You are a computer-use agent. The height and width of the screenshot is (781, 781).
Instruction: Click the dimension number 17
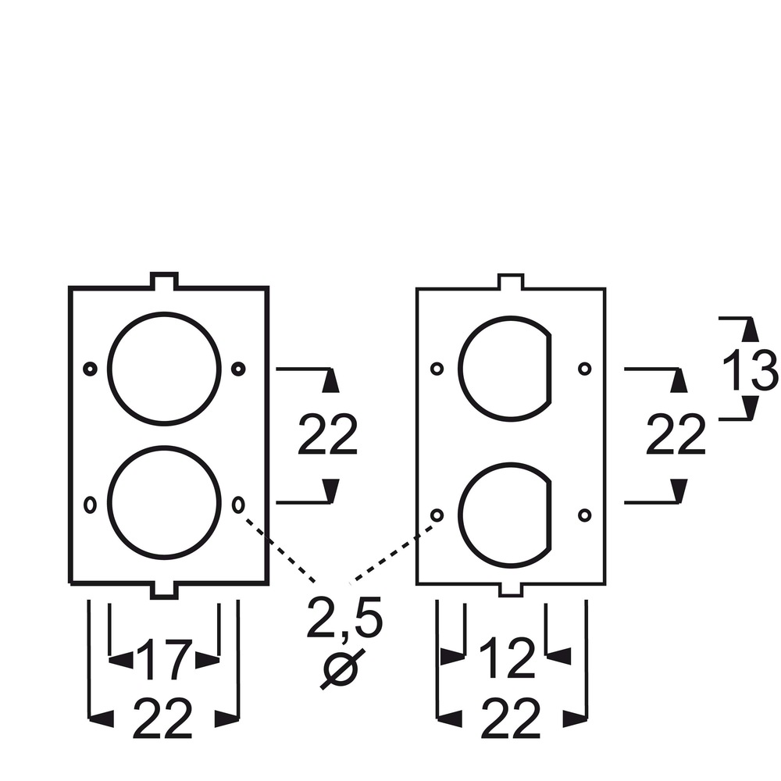(x=164, y=659)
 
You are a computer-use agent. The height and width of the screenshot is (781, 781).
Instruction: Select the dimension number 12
(x=507, y=658)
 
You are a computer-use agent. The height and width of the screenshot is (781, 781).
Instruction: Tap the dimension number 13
(x=750, y=369)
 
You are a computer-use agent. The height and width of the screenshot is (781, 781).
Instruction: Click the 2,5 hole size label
(x=344, y=618)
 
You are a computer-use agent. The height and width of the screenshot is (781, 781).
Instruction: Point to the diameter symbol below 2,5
(x=342, y=669)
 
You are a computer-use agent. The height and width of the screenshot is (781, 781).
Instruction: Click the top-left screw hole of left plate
(x=90, y=369)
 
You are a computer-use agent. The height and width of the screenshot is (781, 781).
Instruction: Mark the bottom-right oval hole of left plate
(x=238, y=505)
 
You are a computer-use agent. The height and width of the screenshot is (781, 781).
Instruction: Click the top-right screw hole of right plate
(x=585, y=369)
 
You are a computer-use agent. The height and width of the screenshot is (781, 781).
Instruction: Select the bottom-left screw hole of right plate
(x=437, y=515)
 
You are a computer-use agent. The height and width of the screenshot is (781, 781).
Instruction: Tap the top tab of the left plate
(x=164, y=280)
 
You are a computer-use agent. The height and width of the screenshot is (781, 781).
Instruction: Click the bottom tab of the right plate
(x=511, y=590)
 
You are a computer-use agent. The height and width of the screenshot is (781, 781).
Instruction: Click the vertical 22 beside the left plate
(x=328, y=434)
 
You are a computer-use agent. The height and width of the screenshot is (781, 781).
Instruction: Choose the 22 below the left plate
(x=162, y=719)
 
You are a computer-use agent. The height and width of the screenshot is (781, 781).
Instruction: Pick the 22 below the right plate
(x=511, y=719)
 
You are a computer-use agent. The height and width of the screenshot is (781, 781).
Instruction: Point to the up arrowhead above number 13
(x=750, y=330)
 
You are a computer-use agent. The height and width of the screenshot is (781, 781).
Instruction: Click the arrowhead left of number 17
(x=121, y=660)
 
